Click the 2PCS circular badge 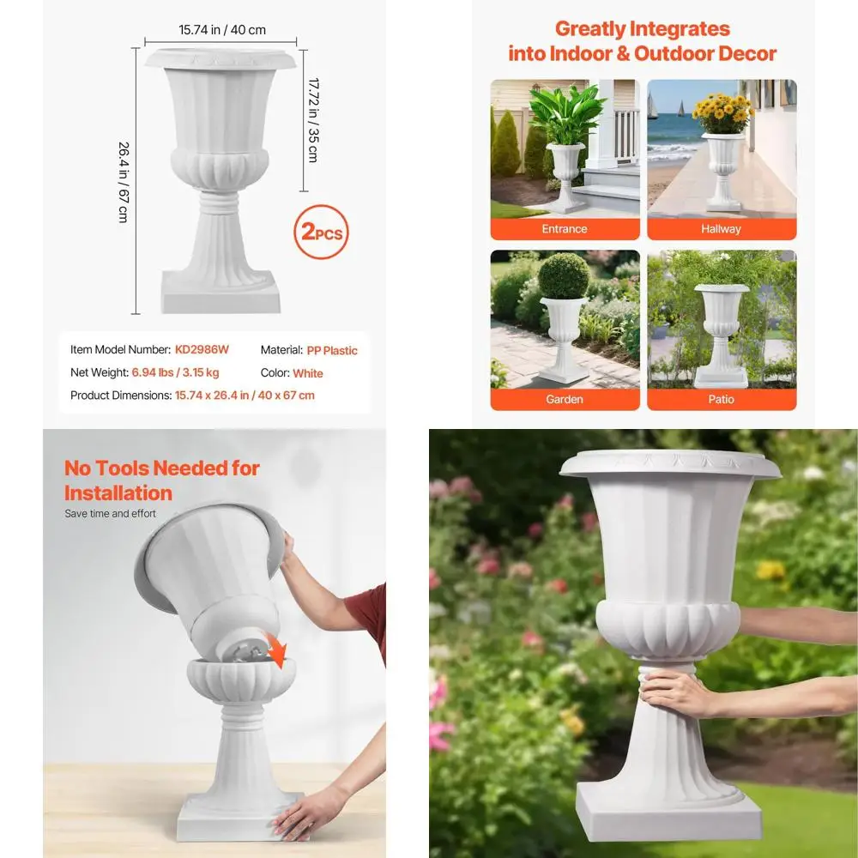click(322, 232)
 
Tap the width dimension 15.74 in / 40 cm click(221, 30)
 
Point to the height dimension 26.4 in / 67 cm click(123, 182)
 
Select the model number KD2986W click(202, 350)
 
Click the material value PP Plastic click(332, 350)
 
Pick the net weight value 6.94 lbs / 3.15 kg click(175, 372)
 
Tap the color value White click(308, 373)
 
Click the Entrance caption click(565, 229)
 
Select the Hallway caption click(721, 229)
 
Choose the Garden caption click(565, 399)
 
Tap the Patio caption click(721, 399)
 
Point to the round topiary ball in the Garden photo click(564, 275)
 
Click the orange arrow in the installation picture click(276, 656)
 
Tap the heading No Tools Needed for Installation click(161, 480)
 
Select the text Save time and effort click(111, 514)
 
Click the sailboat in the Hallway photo click(681, 108)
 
